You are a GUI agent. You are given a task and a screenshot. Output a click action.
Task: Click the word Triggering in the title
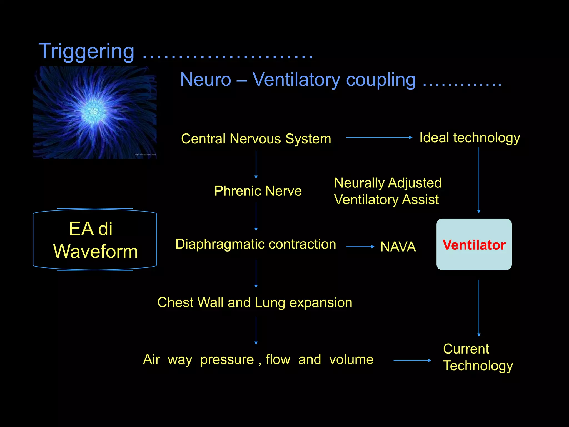[86, 52]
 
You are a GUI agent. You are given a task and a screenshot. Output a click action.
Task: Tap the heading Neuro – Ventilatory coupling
[298, 80]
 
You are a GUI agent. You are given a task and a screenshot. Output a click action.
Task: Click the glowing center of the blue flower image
[93, 111]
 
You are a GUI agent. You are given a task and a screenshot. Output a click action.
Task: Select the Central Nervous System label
[256, 139]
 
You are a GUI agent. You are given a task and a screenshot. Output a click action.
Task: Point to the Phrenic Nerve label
[258, 191]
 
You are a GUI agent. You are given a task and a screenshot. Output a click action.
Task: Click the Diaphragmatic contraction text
[256, 244]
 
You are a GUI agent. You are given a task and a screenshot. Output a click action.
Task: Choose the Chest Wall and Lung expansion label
[254, 302]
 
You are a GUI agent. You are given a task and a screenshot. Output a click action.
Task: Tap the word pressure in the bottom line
[227, 359]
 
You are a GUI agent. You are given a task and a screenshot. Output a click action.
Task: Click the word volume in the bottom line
[351, 359]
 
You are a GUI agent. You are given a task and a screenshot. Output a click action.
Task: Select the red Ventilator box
[474, 244]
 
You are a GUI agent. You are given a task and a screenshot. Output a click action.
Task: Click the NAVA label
[398, 247]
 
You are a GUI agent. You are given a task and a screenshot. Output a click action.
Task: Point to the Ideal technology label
[470, 138]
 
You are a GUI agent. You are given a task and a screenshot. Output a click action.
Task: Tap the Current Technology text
[477, 357]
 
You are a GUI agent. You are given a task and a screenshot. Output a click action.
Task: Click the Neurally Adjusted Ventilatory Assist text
[388, 191]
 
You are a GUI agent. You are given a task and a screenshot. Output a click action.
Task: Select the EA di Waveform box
[95, 240]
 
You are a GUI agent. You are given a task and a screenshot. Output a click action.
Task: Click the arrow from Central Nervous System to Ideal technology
[379, 137]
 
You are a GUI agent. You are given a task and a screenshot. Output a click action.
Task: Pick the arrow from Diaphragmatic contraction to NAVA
[360, 247]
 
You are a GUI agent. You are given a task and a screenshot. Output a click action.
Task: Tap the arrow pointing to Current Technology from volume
[412, 361]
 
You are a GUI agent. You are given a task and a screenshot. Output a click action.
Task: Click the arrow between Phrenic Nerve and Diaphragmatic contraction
[256, 217]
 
